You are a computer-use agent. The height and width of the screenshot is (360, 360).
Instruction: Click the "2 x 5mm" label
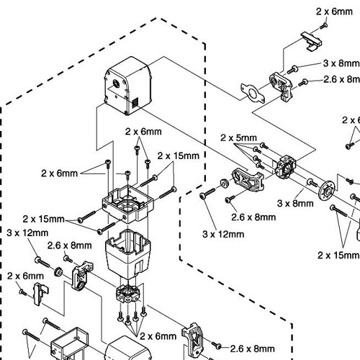(x=238, y=138)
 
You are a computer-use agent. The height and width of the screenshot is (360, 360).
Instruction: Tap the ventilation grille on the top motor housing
(x=135, y=102)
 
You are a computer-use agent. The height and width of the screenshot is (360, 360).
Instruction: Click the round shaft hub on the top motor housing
(x=116, y=84)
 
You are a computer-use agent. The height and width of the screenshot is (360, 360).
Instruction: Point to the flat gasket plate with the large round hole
(x=253, y=93)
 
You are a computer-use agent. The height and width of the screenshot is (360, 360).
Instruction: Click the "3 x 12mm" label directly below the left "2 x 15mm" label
(x=27, y=233)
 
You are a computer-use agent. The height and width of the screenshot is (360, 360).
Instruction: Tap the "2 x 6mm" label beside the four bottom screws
(x=158, y=336)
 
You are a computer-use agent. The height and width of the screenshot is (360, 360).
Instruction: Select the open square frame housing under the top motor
(x=127, y=204)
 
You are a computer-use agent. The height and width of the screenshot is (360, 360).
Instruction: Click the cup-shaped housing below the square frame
(x=128, y=254)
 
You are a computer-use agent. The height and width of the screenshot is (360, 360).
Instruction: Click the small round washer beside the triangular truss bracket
(x=225, y=183)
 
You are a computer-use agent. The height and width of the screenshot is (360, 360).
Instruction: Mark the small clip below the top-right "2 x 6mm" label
(x=311, y=41)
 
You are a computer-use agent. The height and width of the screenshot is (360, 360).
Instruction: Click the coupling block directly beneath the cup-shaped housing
(x=127, y=294)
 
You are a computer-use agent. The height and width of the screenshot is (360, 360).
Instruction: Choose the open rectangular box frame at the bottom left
(x=70, y=343)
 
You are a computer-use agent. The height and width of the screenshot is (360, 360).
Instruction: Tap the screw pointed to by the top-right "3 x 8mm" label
(x=292, y=70)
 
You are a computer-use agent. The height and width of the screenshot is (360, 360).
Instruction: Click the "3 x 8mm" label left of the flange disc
(x=295, y=204)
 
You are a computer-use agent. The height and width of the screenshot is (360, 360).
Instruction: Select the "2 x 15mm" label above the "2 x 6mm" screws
(x=179, y=156)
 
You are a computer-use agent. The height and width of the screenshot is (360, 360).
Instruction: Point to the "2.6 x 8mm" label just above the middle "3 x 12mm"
(x=253, y=217)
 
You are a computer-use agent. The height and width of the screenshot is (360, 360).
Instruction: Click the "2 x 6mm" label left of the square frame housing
(x=59, y=174)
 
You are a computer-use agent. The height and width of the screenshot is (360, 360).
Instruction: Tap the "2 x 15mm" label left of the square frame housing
(x=43, y=219)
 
